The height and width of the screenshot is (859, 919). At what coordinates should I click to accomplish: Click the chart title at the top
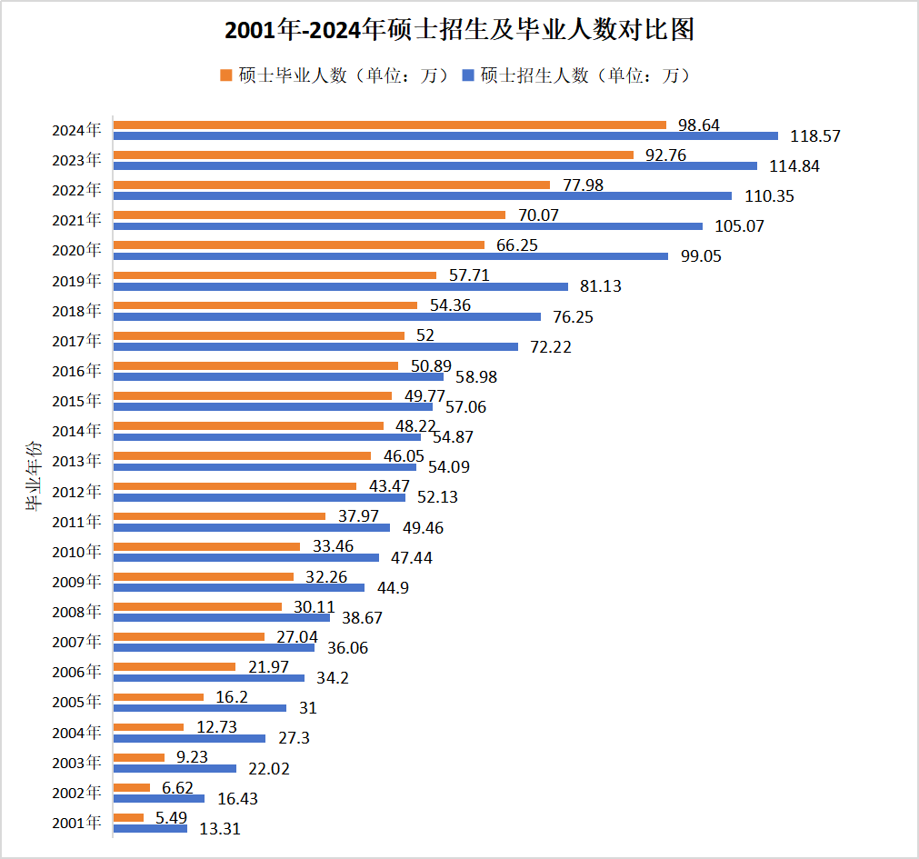459,31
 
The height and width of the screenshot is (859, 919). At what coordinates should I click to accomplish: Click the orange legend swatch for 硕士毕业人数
226,75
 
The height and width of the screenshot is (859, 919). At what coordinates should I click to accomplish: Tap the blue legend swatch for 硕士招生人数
469,75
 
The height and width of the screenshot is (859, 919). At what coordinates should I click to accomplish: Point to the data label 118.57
815,136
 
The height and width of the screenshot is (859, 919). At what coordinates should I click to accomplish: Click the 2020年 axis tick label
76,250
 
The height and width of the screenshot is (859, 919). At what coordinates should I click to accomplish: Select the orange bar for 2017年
259,335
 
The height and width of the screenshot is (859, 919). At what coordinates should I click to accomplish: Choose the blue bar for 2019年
341,286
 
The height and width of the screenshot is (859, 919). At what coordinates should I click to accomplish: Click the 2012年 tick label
76,492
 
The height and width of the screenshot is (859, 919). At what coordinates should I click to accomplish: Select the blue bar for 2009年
239,587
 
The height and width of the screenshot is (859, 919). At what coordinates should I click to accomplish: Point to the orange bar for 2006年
175,666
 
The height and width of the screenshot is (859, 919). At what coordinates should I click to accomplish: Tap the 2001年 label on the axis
76,823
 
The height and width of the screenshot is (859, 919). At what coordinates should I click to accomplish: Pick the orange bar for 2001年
128,817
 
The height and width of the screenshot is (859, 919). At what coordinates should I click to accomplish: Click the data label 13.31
219,828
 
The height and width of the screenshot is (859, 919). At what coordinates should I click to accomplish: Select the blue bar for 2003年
175,768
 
